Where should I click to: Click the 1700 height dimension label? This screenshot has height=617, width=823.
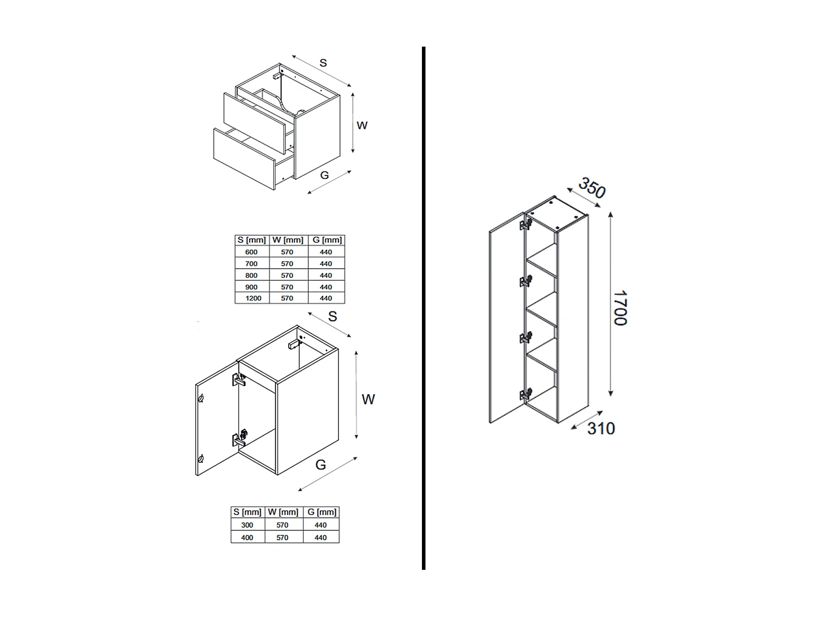(x=620, y=308)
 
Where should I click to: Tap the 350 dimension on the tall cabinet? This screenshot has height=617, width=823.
(x=591, y=188)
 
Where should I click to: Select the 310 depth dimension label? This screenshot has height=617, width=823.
(x=601, y=428)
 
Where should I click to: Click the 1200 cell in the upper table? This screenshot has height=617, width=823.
(x=253, y=298)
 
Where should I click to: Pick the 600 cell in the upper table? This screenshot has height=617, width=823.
(x=251, y=252)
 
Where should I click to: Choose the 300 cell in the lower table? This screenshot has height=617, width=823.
(x=247, y=525)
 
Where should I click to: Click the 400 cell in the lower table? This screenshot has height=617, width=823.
(x=247, y=537)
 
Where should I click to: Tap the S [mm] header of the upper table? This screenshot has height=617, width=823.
(x=251, y=240)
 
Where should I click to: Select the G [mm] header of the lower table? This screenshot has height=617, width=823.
(x=322, y=512)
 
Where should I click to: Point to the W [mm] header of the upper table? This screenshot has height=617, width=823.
(x=288, y=240)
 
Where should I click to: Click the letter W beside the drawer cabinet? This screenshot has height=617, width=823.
(x=362, y=126)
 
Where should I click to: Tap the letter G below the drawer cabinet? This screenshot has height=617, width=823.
(x=324, y=176)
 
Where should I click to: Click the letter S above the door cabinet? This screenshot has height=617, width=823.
(x=332, y=317)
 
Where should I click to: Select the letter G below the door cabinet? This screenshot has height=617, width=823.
(x=320, y=465)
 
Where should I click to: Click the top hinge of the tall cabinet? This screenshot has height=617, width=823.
(x=526, y=224)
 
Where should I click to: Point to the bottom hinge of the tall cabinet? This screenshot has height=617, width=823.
(x=526, y=394)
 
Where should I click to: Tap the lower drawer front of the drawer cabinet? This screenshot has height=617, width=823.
(x=244, y=159)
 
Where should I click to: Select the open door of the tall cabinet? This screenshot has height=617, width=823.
(x=506, y=318)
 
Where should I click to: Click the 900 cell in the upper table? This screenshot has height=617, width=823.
(x=251, y=287)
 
